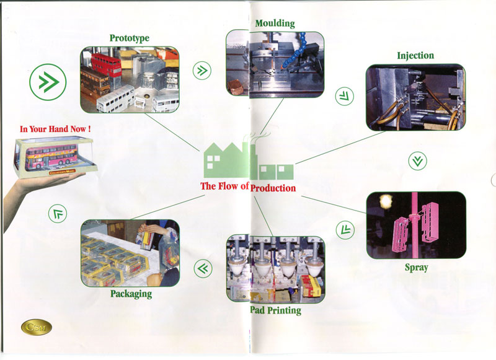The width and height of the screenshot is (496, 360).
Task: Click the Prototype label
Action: [x=129, y=38]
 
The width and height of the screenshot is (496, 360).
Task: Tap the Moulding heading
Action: [x=275, y=24]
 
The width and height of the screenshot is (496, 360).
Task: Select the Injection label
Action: [x=415, y=56]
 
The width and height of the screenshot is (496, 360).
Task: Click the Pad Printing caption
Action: [x=275, y=309]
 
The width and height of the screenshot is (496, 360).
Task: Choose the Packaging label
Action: [x=131, y=293]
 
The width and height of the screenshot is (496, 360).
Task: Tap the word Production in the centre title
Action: [x=273, y=187]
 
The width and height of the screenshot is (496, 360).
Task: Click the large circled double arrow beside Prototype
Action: [x=48, y=83]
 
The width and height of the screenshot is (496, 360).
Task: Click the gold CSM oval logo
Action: [x=37, y=327]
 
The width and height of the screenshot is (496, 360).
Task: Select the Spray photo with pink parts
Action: [x=415, y=225]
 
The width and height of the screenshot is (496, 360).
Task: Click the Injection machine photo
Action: [x=415, y=97]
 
